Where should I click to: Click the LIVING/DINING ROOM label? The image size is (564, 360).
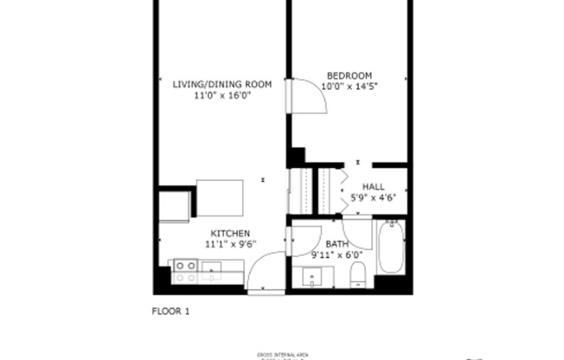(x=222, y=84)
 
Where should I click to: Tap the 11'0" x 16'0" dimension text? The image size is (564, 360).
(x=222, y=96)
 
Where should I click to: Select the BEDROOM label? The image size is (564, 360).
(x=349, y=74)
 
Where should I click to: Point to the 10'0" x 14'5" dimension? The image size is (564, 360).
(x=349, y=87)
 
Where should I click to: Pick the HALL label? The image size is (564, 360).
(x=374, y=186)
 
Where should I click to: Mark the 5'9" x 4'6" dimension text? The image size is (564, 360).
(x=374, y=198)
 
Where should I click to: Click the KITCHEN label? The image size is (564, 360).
(x=230, y=234)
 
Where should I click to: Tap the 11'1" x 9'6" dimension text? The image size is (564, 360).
(x=230, y=245)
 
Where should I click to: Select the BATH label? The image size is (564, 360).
(x=336, y=244)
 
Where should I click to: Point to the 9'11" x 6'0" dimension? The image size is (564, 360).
(x=336, y=255)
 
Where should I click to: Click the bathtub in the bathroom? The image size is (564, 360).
(x=391, y=247)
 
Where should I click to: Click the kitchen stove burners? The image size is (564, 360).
(x=184, y=272)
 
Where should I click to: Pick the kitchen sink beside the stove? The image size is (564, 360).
(x=211, y=272)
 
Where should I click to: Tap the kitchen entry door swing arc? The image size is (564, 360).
(x=264, y=270)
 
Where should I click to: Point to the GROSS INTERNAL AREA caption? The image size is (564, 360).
(x=282, y=355)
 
